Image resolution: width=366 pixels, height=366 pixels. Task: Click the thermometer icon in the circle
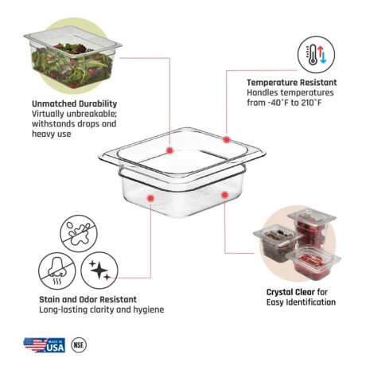tap(316, 55)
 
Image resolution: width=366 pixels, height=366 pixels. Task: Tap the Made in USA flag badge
tap(45, 345)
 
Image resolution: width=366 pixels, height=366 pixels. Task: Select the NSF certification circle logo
tap(79, 345)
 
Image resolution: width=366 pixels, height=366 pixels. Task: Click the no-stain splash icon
tap(79, 233)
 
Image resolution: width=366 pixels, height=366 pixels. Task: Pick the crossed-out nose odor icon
tap(57, 271)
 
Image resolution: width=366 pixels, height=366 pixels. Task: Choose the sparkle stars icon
tap(99, 271)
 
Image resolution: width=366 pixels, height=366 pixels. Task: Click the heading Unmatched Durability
tap(74, 103)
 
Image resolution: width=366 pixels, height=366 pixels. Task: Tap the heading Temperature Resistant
tap(292, 83)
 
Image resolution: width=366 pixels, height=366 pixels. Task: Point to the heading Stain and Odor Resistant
tap(88, 299)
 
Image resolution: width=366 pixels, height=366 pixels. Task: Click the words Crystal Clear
tap(290, 292)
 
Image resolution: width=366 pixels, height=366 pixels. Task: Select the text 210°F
tap(311, 103)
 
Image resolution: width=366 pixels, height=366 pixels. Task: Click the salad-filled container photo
tap(73, 56)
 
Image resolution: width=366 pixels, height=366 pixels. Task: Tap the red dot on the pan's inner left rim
tap(169, 150)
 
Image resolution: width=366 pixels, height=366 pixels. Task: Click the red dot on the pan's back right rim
tap(227, 139)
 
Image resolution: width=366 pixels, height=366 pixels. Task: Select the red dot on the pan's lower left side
tap(151, 198)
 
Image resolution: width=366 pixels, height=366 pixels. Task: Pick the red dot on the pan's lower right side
tap(224, 195)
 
